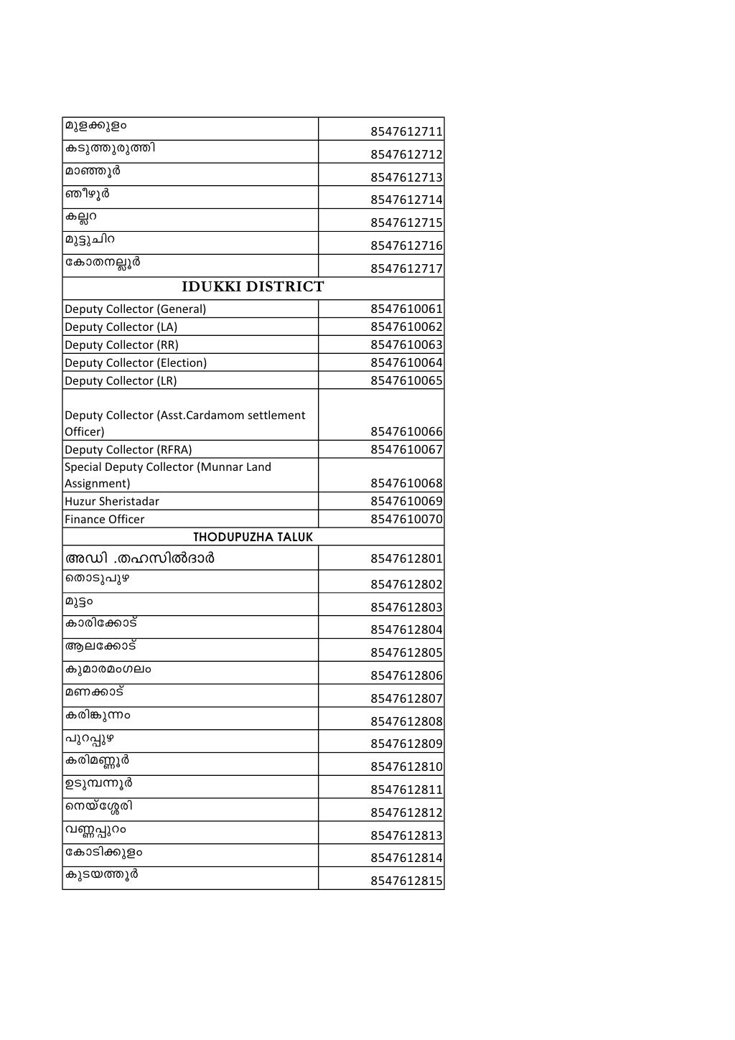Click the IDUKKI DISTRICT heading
point(253,287)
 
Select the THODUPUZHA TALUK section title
point(253,537)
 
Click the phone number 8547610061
point(406,309)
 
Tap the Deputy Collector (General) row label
point(135,309)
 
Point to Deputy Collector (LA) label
point(121,327)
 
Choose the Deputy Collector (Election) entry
point(136,363)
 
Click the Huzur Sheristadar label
point(112,502)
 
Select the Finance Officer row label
point(104,520)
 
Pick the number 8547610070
point(406,520)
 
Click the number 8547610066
point(406,432)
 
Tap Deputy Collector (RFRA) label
point(128,450)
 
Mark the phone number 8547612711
point(406,132)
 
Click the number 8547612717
point(406,269)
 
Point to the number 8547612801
point(406,559)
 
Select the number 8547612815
point(406,881)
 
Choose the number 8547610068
point(406,484)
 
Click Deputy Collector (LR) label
point(121,381)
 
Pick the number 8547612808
point(406,722)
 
